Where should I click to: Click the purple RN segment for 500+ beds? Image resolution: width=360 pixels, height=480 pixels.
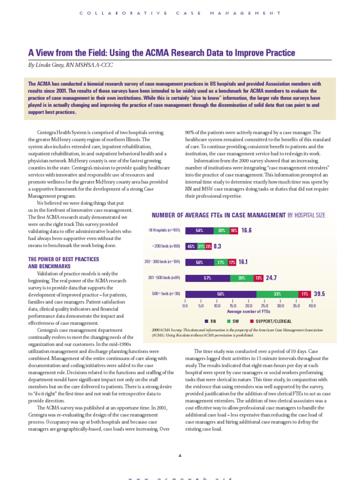pyautogui.click(x=220, y=294)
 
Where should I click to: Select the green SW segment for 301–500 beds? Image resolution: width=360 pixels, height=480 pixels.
pyautogui.click(x=241, y=278)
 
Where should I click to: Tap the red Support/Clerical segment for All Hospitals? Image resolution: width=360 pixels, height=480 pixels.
pyautogui.click(x=234, y=231)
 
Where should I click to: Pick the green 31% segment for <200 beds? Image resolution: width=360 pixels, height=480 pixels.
pyautogui.click(x=201, y=246)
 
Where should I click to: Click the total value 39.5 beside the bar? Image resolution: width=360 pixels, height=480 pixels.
pyautogui.click(x=319, y=294)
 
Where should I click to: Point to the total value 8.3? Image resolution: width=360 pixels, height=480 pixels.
pyautogui.click(x=217, y=246)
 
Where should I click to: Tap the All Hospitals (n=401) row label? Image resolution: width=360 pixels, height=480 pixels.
pyautogui.click(x=164, y=231)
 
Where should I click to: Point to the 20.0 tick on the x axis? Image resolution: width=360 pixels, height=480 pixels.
pyautogui.click(x=248, y=306)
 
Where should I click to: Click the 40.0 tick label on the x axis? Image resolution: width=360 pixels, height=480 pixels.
pyautogui.click(x=312, y=306)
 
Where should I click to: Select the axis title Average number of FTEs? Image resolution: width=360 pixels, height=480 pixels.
pyautogui.click(x=248, y=311)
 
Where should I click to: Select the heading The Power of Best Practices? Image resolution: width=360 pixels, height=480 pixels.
pyautogui.click(x=63, y=259)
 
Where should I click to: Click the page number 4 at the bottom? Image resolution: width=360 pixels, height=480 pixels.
pyautogui.click(x=180, y=455)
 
